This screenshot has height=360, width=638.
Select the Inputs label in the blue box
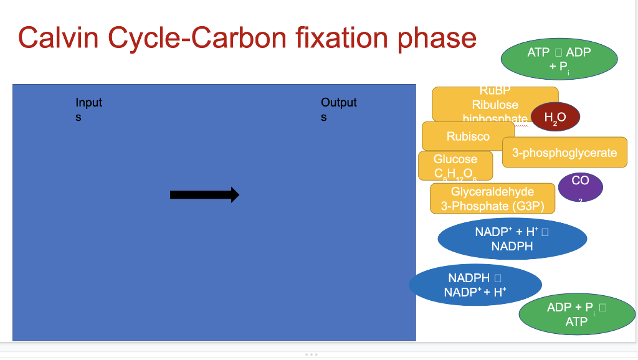[88, 109]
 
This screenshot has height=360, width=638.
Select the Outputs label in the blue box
[338, 109]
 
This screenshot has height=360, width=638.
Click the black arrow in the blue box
[204, 195]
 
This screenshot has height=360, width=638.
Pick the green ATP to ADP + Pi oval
[559, 60]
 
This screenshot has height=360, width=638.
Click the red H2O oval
[555, 116]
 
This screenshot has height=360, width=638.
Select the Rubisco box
[468, 136]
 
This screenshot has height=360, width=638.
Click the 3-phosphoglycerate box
[564, 153]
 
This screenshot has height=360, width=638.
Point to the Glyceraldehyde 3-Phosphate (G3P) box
[492, 199]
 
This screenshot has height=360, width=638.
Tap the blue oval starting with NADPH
[475, 285]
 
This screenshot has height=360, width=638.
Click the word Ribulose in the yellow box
[495, 105]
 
